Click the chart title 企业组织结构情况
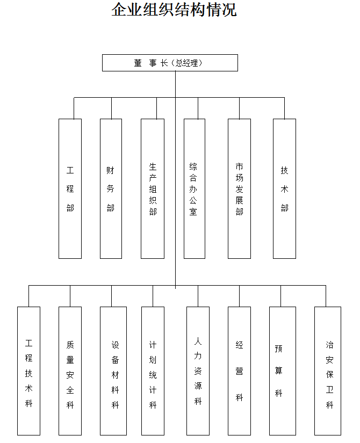[174, 10]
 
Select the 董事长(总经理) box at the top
[170, 63]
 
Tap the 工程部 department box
[70, 188]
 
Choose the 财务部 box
[111, 188]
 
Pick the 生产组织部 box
[153, 188]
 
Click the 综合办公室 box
[194, 188]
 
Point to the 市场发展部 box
[239, 188]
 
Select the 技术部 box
[284, 188]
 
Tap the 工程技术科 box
[28, 371]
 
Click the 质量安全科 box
[70, 371]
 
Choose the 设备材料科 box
[113, 371]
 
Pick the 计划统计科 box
[153, 371]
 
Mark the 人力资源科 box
[198, 371]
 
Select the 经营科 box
[239, 371]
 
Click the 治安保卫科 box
[328, 371]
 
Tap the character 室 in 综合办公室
[193, 212]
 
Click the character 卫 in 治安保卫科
[329, 390]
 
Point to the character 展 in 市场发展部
[239, 199]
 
